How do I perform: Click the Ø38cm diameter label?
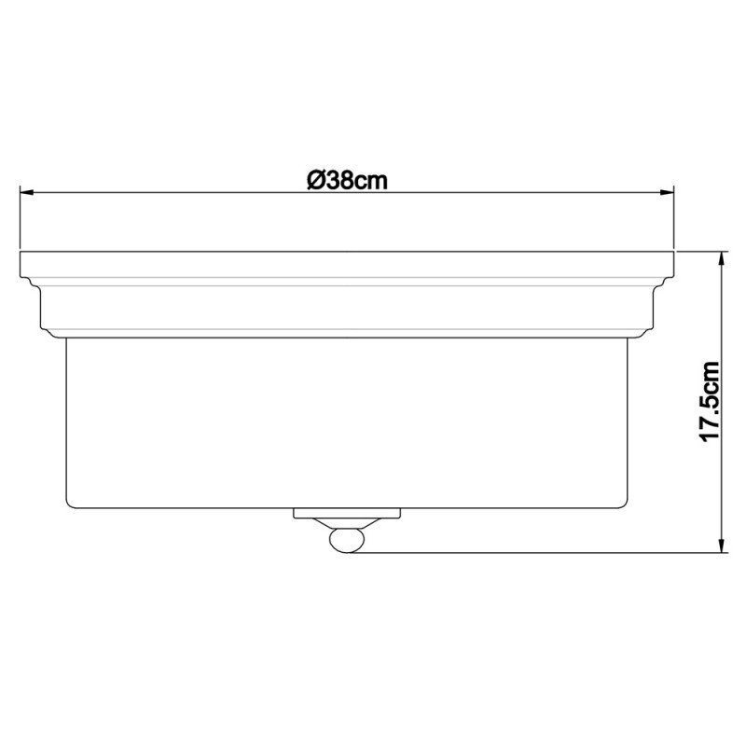pyautogui.click(x=347, y=180)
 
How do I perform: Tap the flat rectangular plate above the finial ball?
pyautogui.click(x=347, y=513)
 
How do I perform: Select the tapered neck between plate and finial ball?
pyautogui.click(x=347, y=524)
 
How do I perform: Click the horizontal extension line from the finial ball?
pyautogui.click(x=541, y=552)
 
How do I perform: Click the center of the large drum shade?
pyautogui.click(x=347, y=420)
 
